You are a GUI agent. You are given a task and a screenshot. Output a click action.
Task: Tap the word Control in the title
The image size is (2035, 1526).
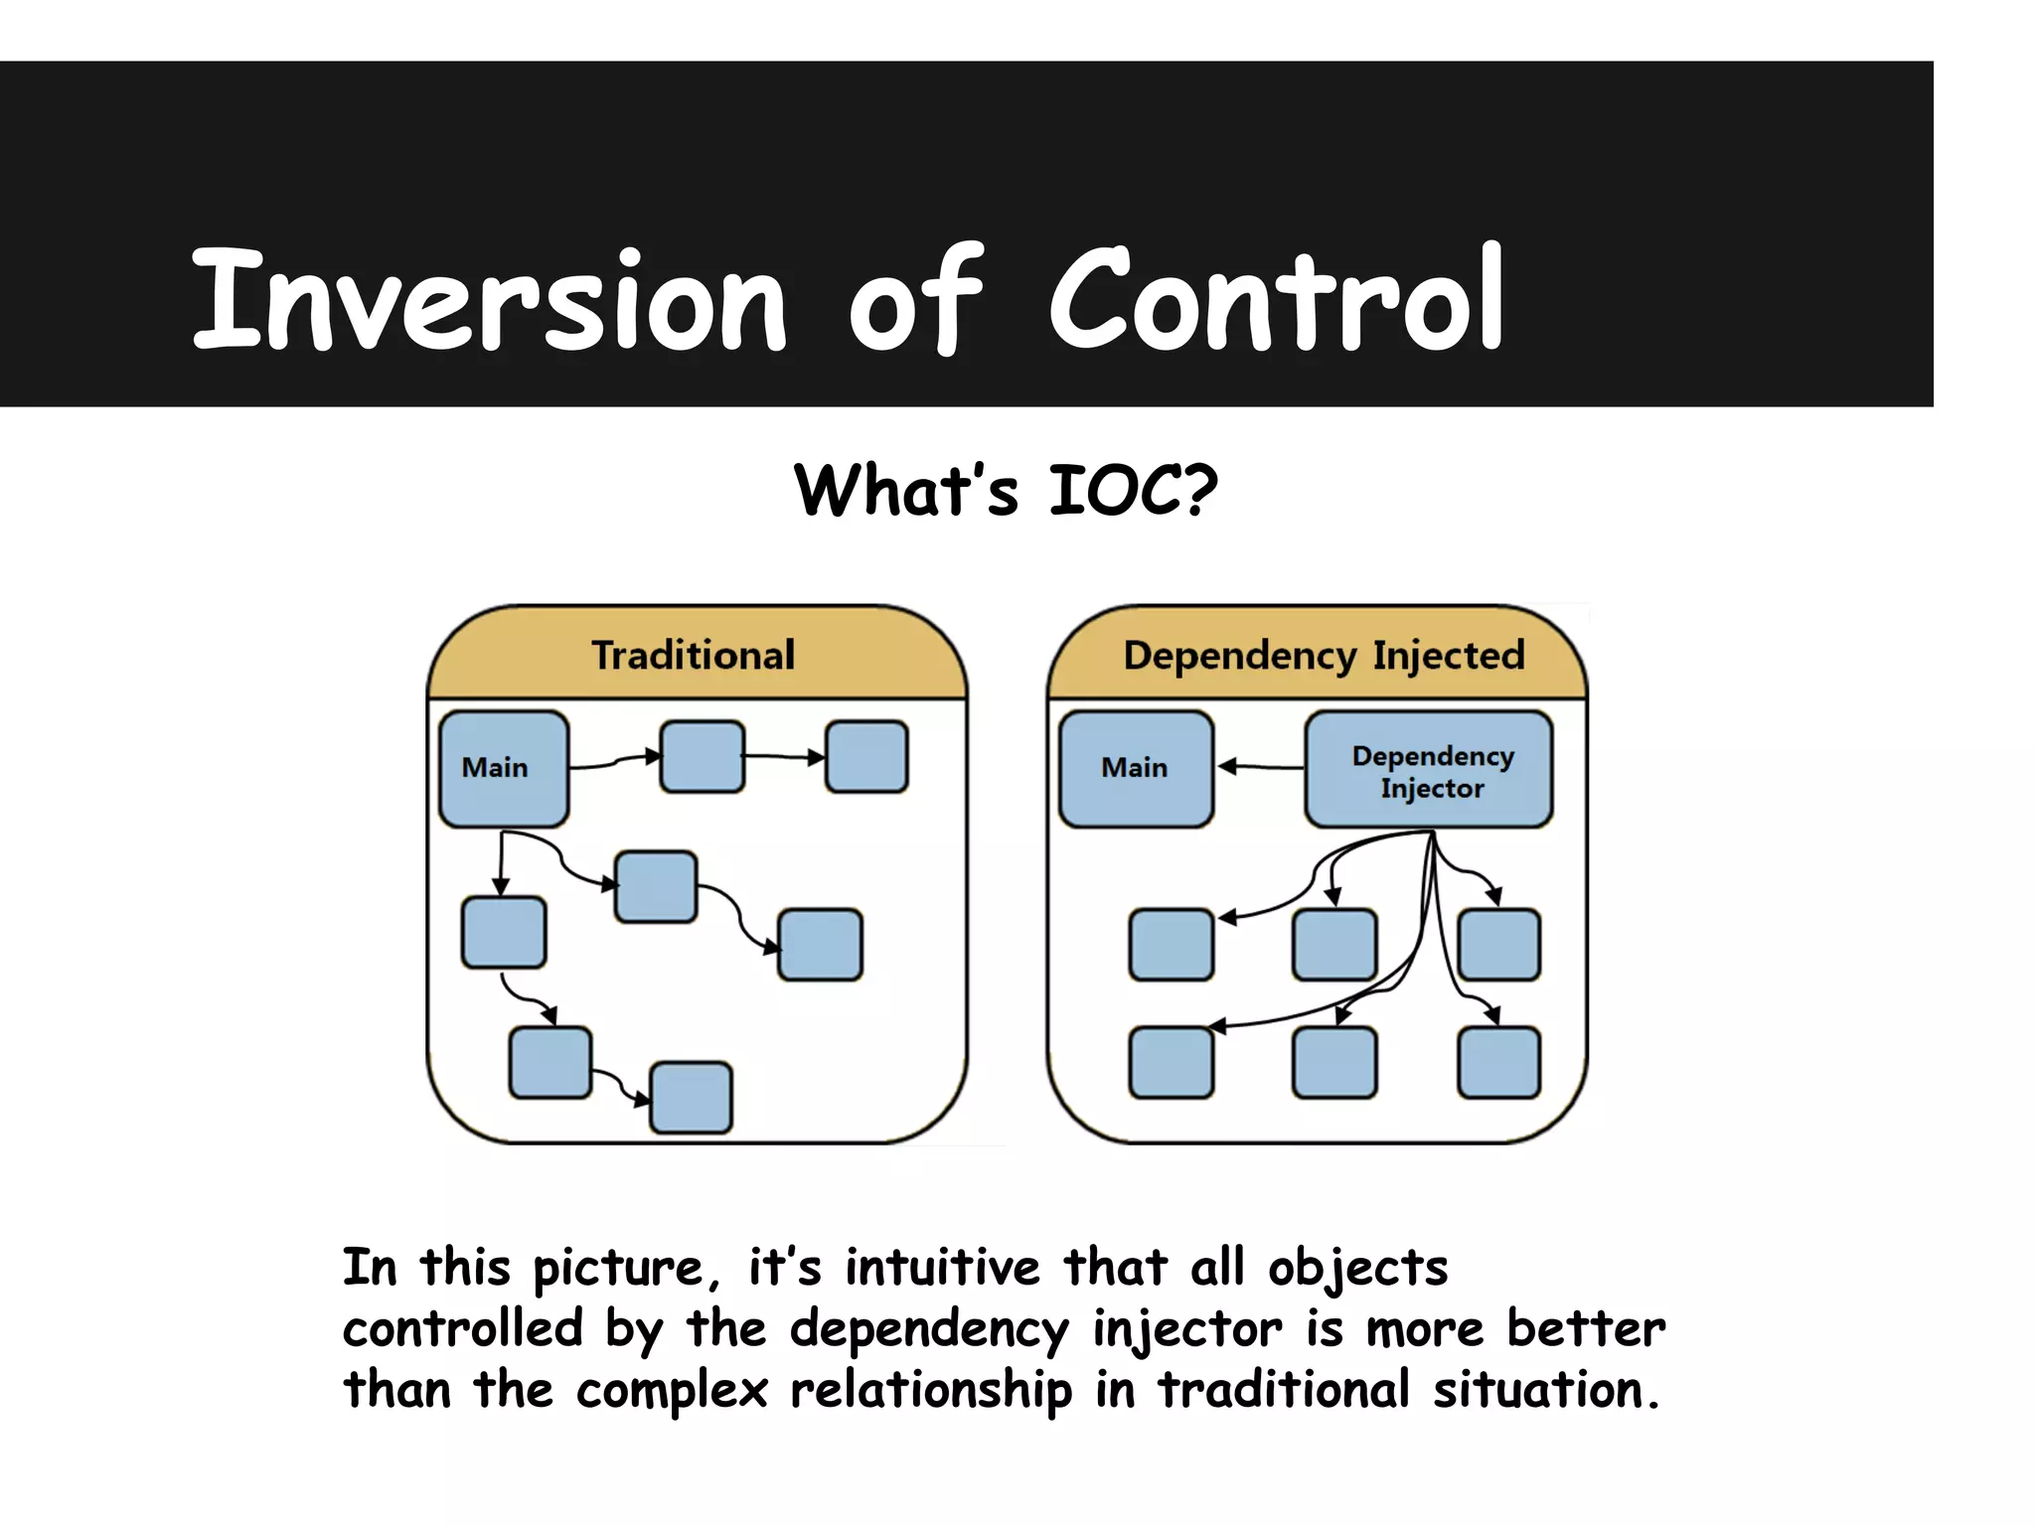click(1276, 301)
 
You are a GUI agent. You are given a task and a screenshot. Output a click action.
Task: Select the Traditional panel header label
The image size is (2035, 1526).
click(693, 656)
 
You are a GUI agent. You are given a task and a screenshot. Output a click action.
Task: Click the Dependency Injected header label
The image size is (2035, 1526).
click(1323, 656)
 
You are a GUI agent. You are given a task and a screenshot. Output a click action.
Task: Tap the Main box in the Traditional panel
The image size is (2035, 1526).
click(504, 768)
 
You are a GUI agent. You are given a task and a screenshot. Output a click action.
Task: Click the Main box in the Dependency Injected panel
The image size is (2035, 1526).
click(1136, 768)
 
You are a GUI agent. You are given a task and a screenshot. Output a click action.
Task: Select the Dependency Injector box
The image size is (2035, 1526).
click(1428, 770)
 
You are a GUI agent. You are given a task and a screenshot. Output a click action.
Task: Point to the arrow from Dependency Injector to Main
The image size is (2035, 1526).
click(1260, 766)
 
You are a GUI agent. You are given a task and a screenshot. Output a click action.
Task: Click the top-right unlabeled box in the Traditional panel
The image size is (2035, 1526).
click(866, 757)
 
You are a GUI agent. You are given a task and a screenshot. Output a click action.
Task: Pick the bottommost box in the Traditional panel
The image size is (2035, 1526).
click(691, 1098)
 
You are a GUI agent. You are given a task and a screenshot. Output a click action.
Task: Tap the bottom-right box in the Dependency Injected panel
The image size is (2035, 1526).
click(1498, 1063)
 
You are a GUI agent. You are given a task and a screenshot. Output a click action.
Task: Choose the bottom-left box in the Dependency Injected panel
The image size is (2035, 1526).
click(1171, 1063)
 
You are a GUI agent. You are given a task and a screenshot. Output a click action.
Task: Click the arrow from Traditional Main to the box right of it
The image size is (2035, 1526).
click(614, 762)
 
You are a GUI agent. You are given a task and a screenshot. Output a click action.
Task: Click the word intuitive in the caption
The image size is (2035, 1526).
click(942, 1269)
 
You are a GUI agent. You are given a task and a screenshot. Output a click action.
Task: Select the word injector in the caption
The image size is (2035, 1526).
click(1186, 1329)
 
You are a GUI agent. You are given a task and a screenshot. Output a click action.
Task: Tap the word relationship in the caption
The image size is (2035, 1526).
click(930, 1390)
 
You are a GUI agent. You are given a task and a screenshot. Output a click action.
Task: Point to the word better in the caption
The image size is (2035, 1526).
click(1585, 1329)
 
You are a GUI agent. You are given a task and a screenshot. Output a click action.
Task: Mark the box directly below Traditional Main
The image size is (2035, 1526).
click(504, 932)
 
